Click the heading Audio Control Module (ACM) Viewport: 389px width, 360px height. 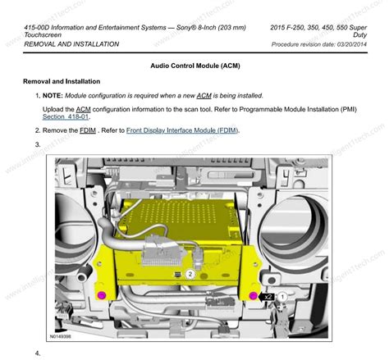pyautogui.click(x=195, y=65)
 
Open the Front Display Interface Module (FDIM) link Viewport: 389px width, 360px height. pyautogui.click(x=182, y=130)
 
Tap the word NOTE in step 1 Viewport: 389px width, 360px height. pyautogui.click(x=54, y=97)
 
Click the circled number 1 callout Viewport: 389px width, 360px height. pyautogui.click(x=283, y=294)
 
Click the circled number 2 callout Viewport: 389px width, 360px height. pyautogui.click(x=190, y=274)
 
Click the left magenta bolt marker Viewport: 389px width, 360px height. pyautogui.click(x=102, y=294)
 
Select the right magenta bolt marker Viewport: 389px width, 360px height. pyautogui.click(x=252, y=294)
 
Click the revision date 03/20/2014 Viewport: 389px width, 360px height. pyautogui.click(x=346, y=43)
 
